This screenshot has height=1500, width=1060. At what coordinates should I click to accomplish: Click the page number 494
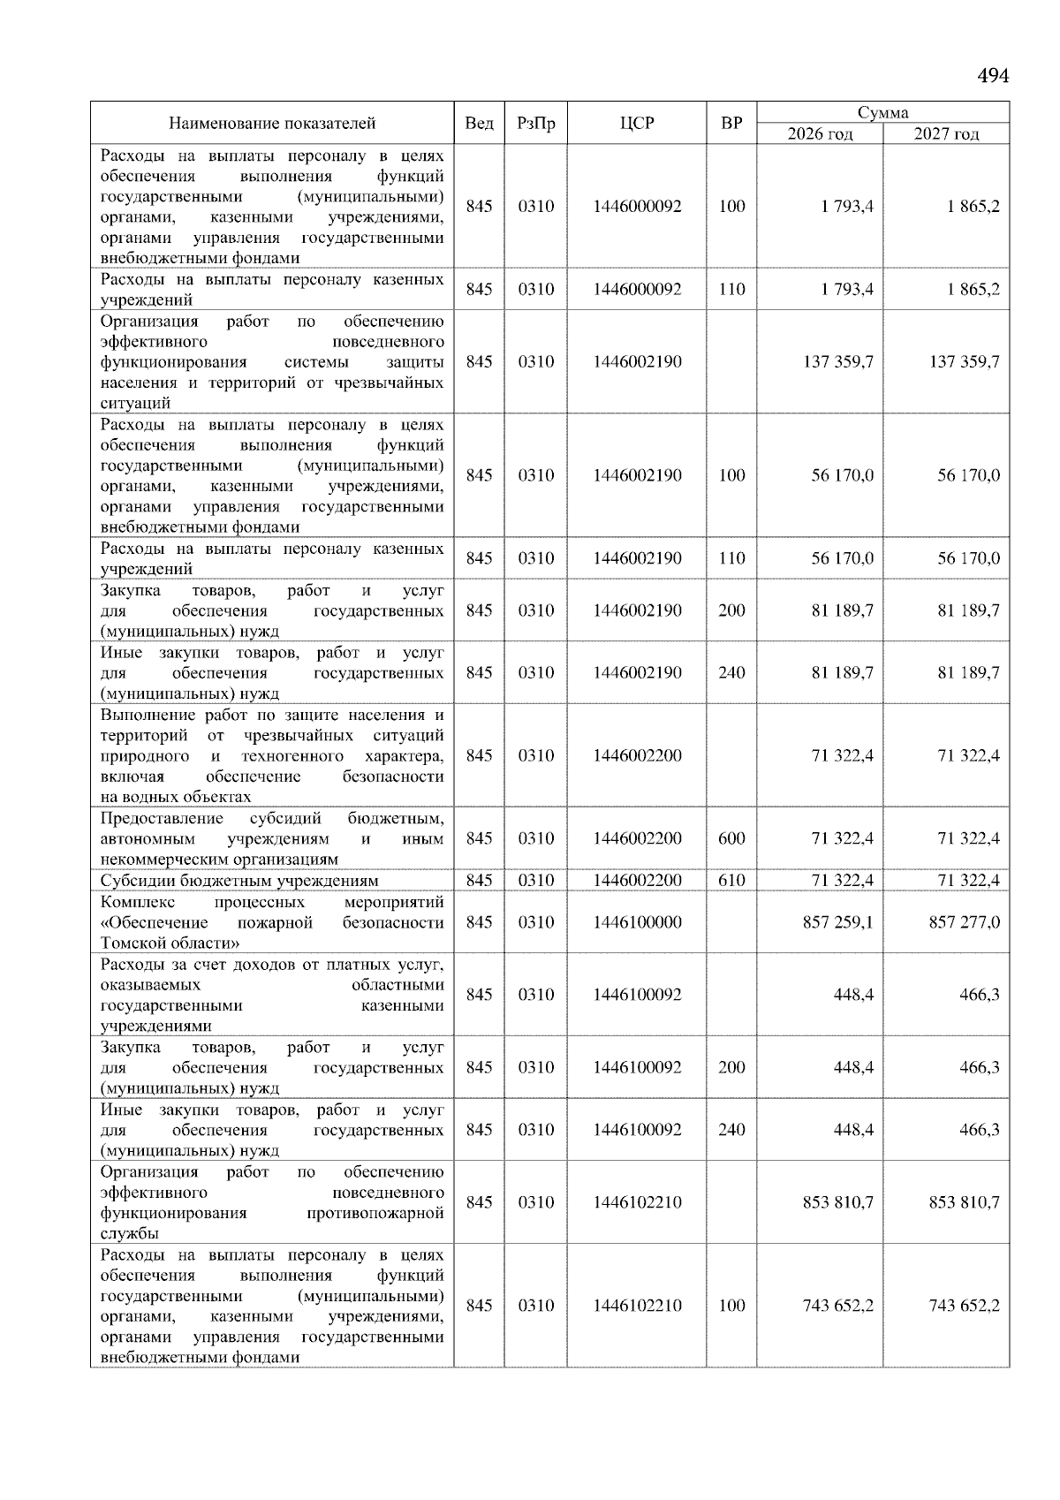pos(993,76)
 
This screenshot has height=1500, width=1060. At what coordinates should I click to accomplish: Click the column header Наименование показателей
pos(272,123)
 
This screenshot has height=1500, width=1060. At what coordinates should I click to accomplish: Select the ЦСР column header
pos(637,123)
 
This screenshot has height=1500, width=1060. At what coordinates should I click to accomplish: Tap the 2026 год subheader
pos(820,134)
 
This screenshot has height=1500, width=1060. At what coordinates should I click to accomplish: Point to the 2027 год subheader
pos(946,134)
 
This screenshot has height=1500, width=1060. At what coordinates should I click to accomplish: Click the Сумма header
pos(882,112)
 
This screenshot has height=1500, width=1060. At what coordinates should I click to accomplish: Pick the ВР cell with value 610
pos(731,880)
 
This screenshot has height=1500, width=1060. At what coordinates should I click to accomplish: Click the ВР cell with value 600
pos(731,838)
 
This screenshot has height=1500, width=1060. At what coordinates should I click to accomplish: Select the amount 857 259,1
pos(837,922)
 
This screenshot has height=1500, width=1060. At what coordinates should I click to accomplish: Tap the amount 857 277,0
pos(964,922)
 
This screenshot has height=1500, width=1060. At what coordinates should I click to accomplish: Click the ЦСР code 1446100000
pos(637,922)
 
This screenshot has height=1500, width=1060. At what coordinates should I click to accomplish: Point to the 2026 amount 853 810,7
pos(837,1202)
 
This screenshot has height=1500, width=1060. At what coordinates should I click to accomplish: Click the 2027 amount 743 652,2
pos(964,1306)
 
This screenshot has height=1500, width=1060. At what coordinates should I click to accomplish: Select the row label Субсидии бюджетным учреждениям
pos(239,880)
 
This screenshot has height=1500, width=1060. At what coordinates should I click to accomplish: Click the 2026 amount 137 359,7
pos(837,361)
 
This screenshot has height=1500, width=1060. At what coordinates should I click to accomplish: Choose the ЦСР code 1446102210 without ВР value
pos(637,1202)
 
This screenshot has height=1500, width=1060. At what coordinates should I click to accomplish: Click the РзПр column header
pos(535,123)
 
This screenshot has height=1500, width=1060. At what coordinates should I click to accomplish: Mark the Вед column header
pos(479,123)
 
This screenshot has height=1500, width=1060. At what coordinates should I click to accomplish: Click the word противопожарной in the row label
pos(375,1213)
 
